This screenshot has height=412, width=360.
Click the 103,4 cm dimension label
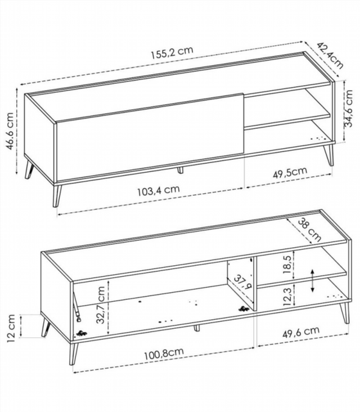tap(158, 190)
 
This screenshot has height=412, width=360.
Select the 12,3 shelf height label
tap(288, 294)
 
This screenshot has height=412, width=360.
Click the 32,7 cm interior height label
tap(101, 303)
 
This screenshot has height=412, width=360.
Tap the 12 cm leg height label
tap(10, 326)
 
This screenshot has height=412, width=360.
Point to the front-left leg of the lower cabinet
tap(73, 352)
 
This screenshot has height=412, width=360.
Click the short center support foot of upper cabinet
tap(180, 169)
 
